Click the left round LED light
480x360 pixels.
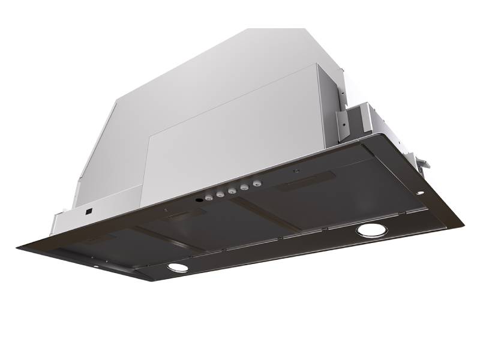pyautogui.click(x=176, y=268)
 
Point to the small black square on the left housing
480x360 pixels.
pyautogui.click(x=88, y=211)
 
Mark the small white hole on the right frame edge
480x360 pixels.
pyautogui.click(x=419, y=193)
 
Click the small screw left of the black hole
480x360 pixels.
pyautogui.click(x=166, y=209)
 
